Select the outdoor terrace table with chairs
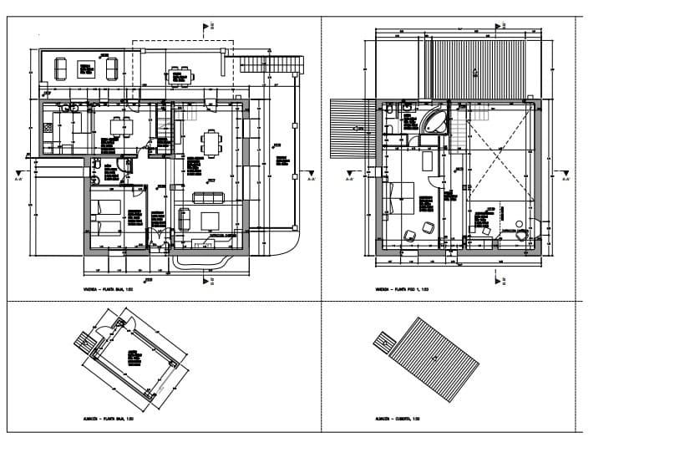180,77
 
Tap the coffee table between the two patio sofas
85,69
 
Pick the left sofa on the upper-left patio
61,69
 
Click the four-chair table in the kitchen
122,127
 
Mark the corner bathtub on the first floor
434,122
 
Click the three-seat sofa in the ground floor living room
208,198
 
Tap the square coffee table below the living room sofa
209,221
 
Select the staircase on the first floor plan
459,129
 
